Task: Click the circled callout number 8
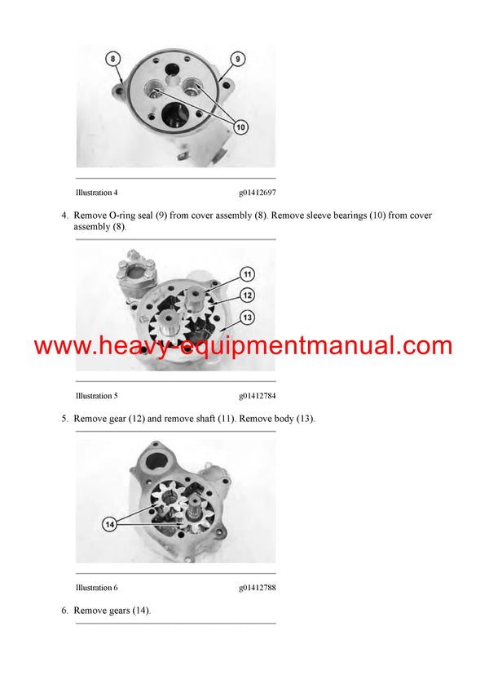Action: point(113,59)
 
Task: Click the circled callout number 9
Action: point(237,59)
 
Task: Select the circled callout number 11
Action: point(247,274)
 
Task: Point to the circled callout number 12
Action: point(247,295)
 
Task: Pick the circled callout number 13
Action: point(247,317)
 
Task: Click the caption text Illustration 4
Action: point(96,193)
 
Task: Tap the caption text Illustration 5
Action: point(96,396)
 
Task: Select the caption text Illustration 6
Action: point(96,588)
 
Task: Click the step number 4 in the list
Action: point(64,215)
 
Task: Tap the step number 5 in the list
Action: point(64,419)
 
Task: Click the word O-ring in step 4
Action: point(130,215)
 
